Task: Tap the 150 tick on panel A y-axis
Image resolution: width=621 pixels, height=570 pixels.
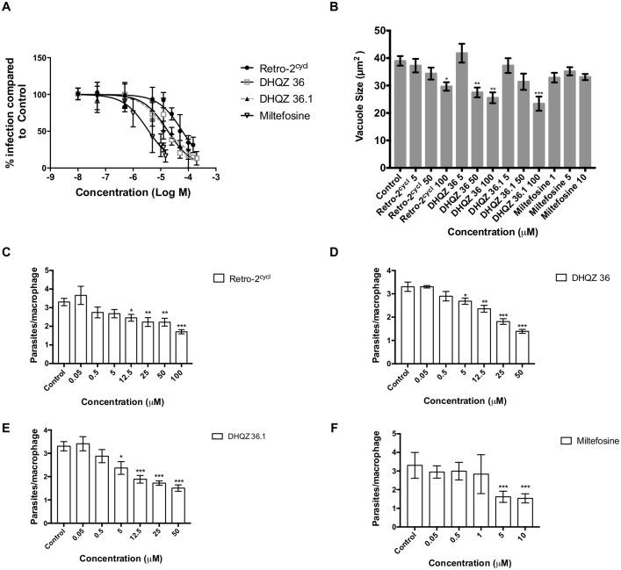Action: coord(62,58)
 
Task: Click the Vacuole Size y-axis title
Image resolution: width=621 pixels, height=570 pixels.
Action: coord(332,97)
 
